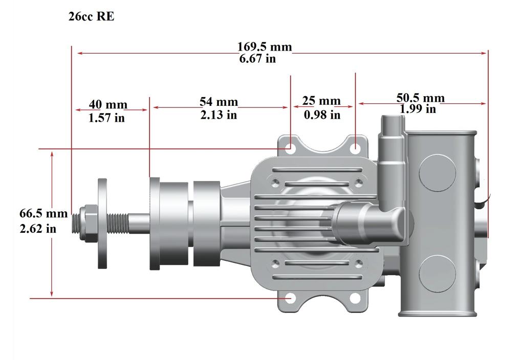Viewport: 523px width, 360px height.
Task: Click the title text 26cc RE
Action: pyautogui.click(x=92, y=16)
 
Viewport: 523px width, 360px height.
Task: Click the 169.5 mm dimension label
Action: pyautogui.click(x=265, y=47)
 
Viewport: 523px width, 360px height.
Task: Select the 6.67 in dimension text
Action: pyautogui.click(x=257, y=59)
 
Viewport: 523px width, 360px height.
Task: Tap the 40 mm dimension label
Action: pyautogui.click(x=108, y=104)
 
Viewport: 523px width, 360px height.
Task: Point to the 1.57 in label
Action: pyautogui.click(x=106, y=118)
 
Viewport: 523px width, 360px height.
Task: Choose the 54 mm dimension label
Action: pyautogui.click(x=219, y=101)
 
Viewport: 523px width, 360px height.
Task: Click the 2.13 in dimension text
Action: pyautogui.click(x=219, y=115)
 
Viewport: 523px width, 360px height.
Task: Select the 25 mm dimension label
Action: pyautogui.click(x=321, y=101)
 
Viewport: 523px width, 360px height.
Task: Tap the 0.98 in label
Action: pyautogui.click(x=322, y=115)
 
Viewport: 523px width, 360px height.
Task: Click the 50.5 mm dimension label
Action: pyautogui.click(x=421, y=98)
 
